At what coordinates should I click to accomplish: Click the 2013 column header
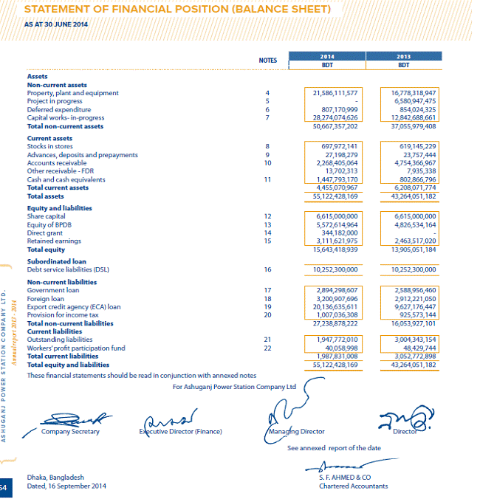pyautogui.click(x=403, y=56)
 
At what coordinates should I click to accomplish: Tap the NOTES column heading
pyautogui.click(x=268, y=60)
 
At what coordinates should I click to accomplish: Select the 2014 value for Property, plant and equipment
pyautogui.click(x=335, y=93)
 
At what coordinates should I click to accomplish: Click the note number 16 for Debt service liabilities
pyautogui.click(x=268, y=269)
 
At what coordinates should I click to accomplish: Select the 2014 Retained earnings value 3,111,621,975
pyautogui.click(x=336, y=241)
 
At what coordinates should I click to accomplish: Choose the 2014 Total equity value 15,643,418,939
pyautogui.click(x=335, y=250)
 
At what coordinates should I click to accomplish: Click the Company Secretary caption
pyautogui.click(x=70, y=432)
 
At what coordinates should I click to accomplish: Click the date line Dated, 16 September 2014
pyautogui.click(x=66, y=486)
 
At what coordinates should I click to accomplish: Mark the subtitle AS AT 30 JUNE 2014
pyautogui.click(x=55, y=24)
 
